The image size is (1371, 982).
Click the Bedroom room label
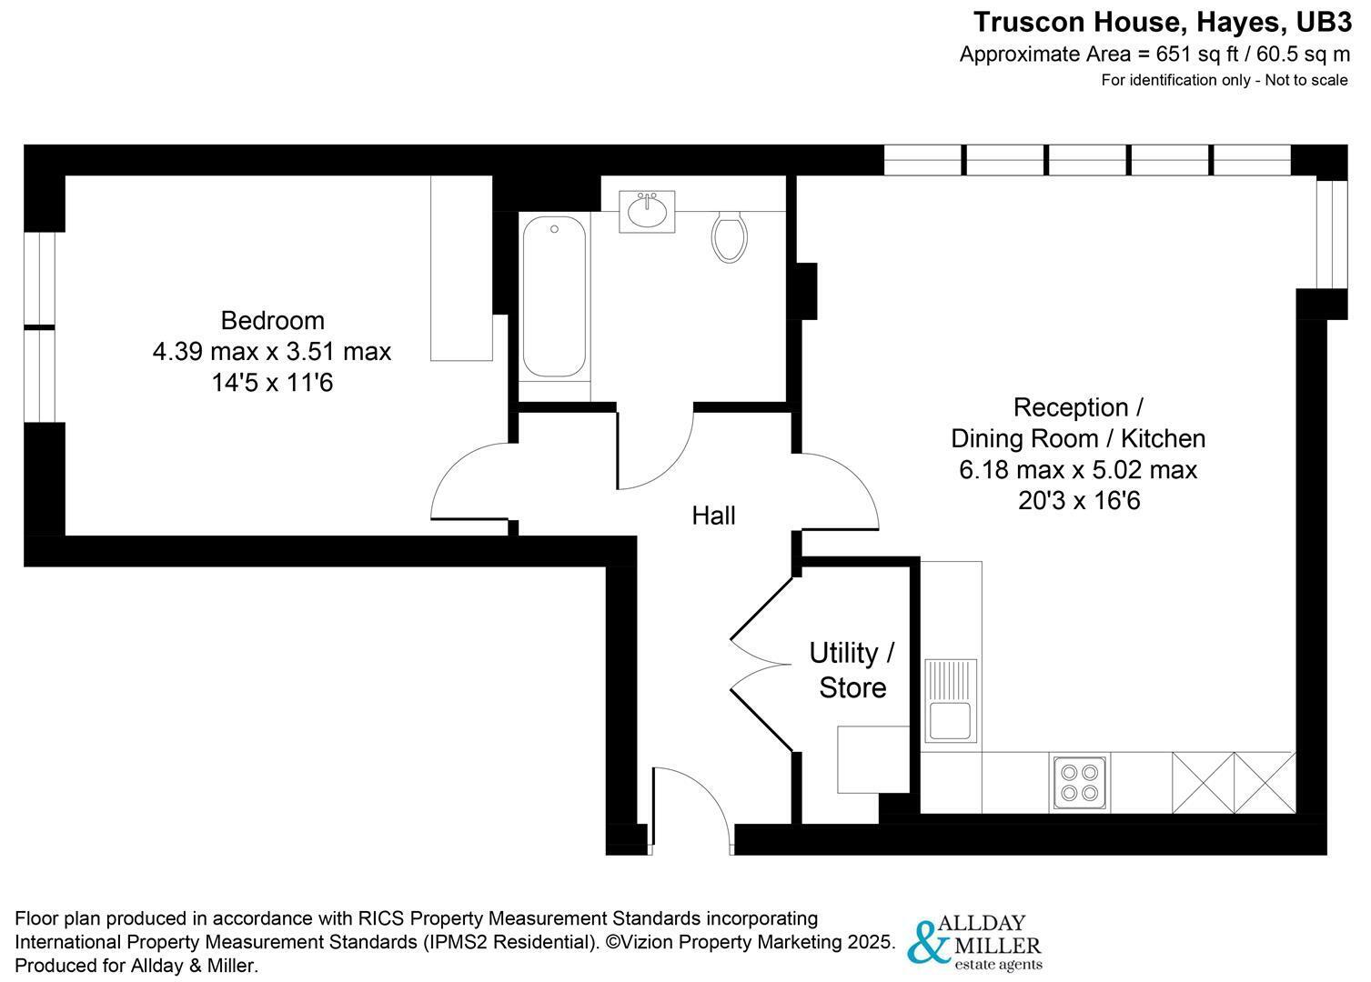point(272,321)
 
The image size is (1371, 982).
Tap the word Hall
point(713,516)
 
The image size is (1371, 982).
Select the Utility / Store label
point(852,670)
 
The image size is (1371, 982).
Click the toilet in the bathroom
point(730,236)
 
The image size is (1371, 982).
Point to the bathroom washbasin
point(647,212)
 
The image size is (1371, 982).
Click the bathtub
point(555,296)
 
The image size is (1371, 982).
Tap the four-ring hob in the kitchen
point(1080,784)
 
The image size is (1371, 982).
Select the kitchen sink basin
point(951,721)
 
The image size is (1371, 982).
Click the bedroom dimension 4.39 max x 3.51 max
point(272,352)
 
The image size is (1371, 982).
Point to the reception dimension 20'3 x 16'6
point(1079,500)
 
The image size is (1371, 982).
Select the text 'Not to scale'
point(1306,80)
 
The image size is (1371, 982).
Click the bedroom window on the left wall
point(40,327)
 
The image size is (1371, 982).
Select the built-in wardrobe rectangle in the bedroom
point(461,268)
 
